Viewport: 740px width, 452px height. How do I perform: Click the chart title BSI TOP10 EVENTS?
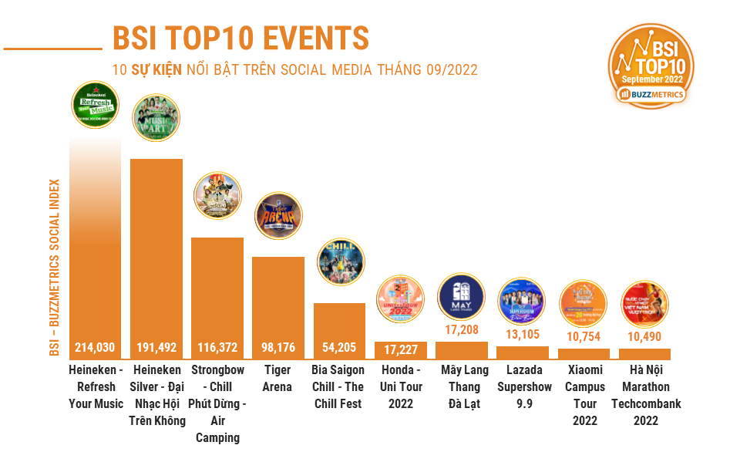[x=240, y=37]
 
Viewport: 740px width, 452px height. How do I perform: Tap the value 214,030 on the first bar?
[x=95, y=347]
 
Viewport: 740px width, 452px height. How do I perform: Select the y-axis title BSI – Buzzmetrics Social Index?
[x=55, y=268]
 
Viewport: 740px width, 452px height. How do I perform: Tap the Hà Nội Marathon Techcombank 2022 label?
[x=645, y=395]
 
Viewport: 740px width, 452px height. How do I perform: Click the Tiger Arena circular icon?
[x=278, y=217]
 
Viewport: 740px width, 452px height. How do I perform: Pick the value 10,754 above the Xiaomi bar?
[x=584, y=336]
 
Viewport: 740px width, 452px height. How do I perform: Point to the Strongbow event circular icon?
[x=217, y=196]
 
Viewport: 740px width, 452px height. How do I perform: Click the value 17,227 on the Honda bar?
[x=400, y=349]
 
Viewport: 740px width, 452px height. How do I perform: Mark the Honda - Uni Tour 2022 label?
[x=400, y=386]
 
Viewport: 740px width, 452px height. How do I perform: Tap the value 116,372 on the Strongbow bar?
[x=217, y=347]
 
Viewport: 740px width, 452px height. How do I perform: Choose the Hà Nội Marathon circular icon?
[x=644, y=304]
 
